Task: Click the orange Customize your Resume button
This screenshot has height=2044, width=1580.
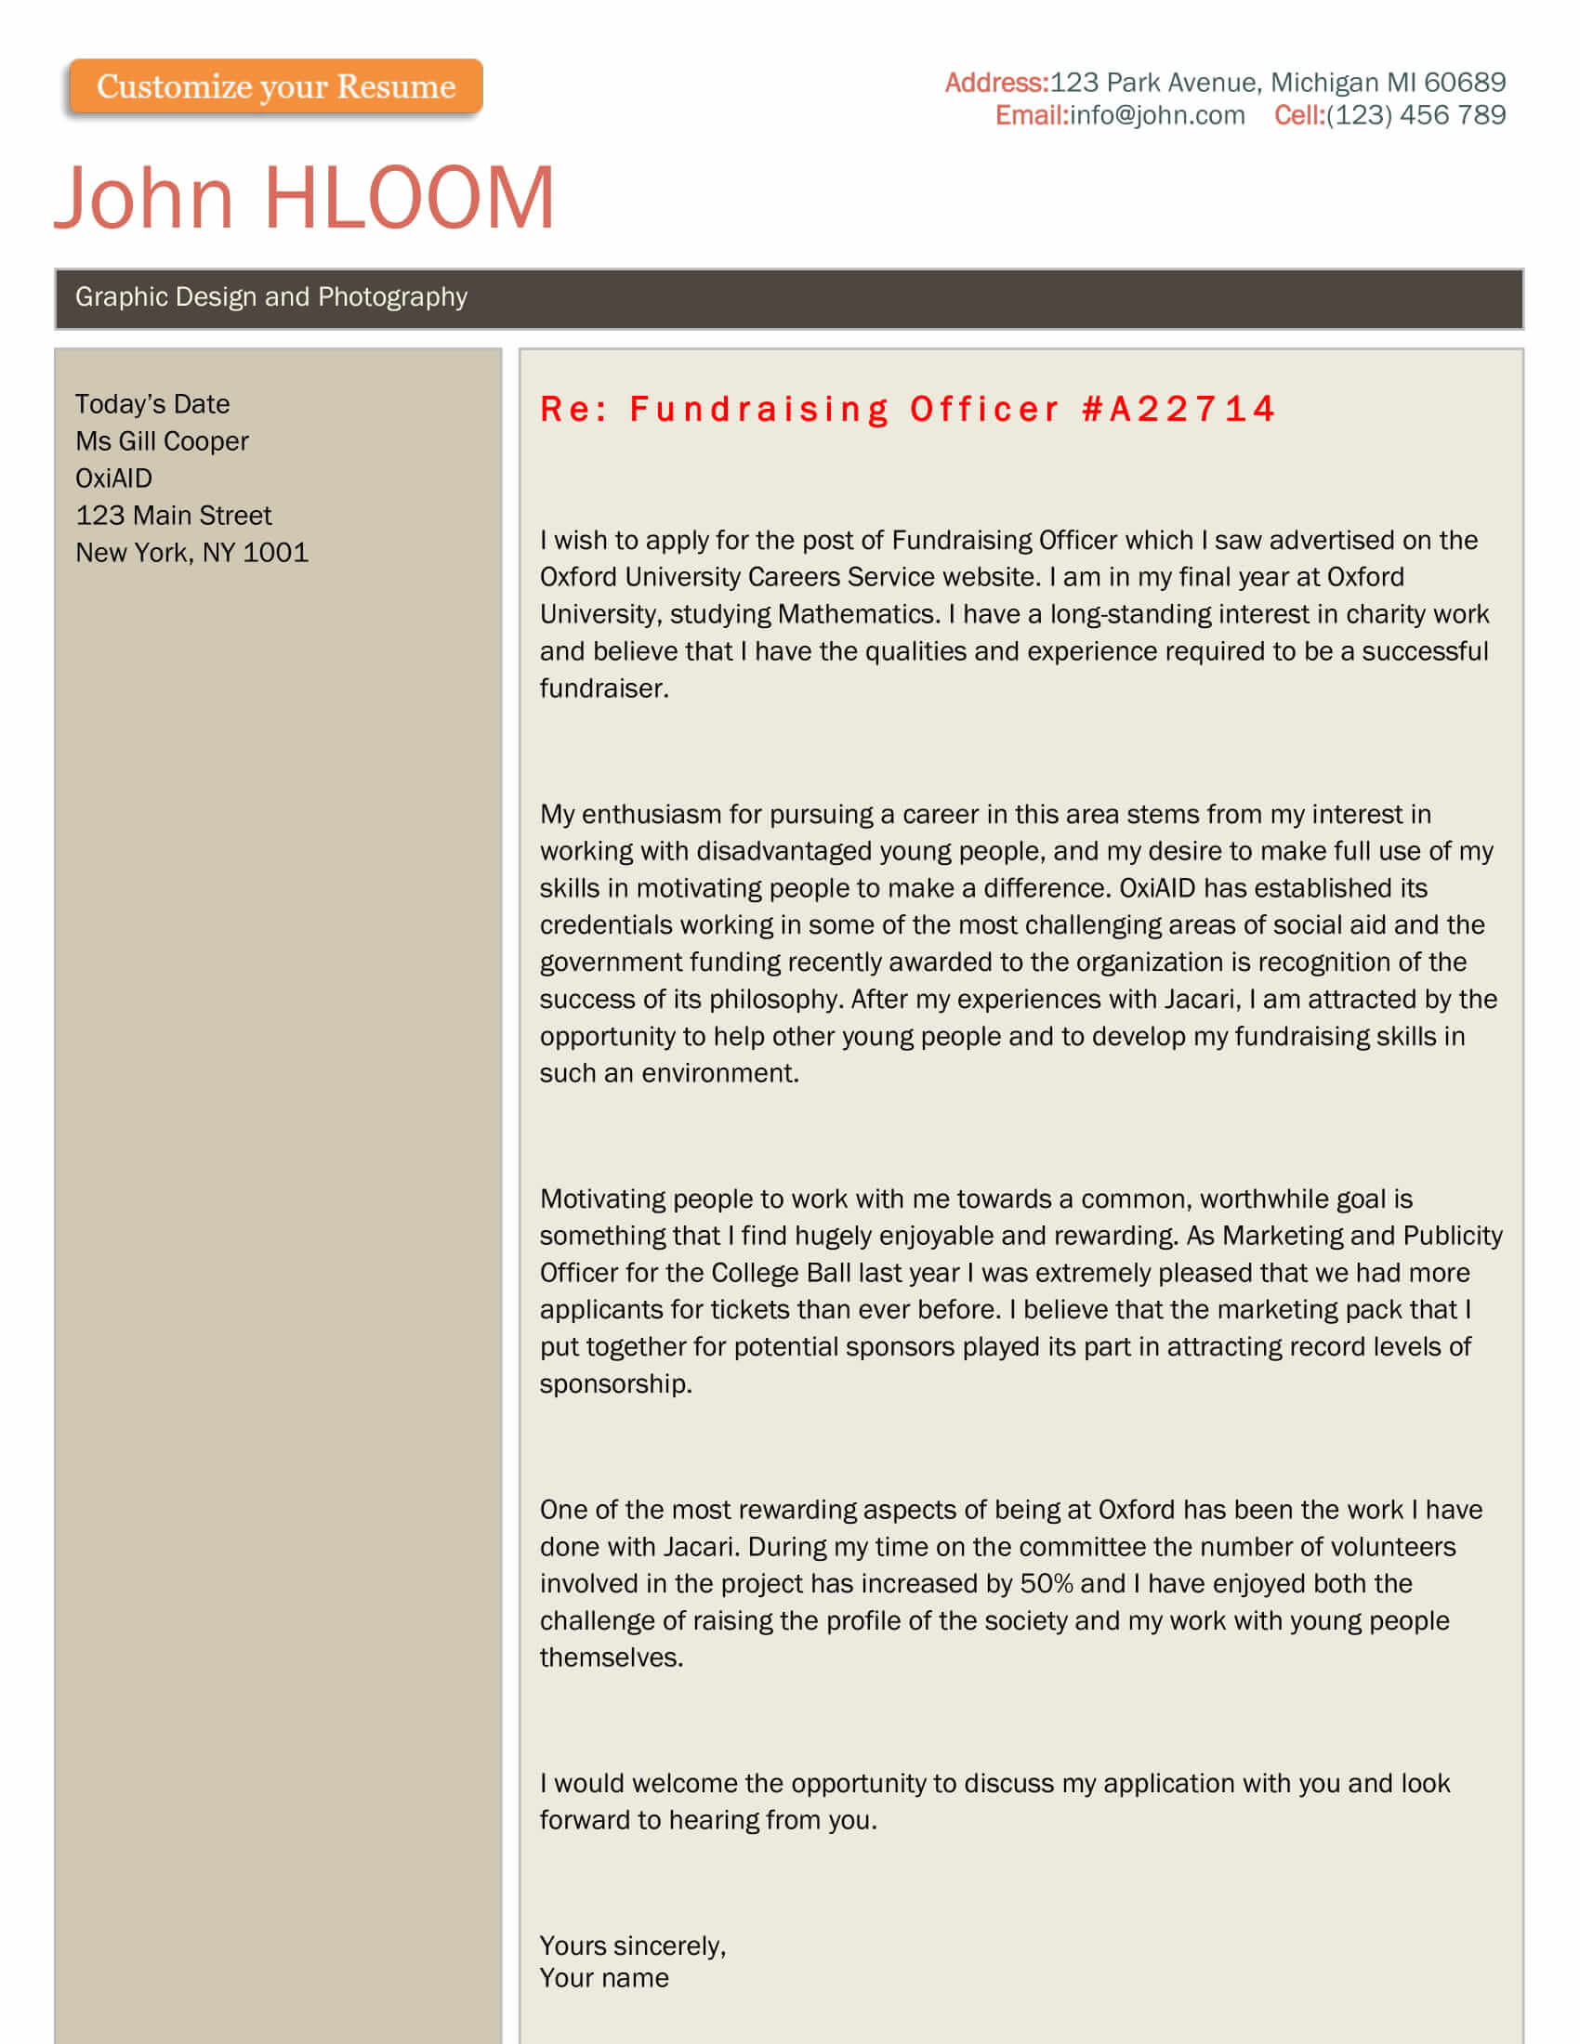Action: pos(275,87)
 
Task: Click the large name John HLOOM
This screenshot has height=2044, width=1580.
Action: pos(305,198)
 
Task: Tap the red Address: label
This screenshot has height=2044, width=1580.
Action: pos(996,84)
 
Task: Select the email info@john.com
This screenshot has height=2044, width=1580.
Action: pos(1157,116)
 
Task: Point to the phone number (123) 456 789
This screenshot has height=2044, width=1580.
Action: pos(1415,116)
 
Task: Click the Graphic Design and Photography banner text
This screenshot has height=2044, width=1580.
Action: pos(271,297)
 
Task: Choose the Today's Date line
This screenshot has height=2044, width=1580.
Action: pos(152,404)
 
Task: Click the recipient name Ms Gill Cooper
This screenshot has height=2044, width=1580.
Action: pos(162,441)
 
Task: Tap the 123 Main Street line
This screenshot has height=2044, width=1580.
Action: pos(173,516)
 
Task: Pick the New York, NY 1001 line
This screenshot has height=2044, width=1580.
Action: pos(191,553)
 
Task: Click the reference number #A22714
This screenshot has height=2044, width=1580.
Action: pos(1178,410)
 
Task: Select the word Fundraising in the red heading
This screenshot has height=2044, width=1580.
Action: pos(759,410)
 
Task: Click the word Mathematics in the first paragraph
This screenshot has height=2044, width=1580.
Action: pos(857,615)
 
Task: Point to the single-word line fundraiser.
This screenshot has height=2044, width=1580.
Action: pos(604,688)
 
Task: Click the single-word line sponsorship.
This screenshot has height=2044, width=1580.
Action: pos(615,1384)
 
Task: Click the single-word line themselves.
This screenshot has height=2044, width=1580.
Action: pos(612,1658)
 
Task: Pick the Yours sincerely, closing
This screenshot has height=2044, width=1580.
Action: pos(633,1946)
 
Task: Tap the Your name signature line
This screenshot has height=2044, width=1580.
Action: pos(604,1978)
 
